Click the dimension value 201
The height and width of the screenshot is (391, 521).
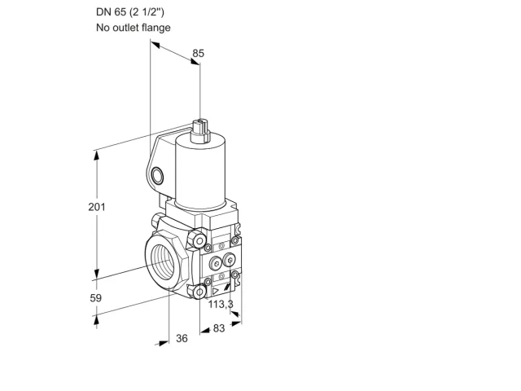(97, 207)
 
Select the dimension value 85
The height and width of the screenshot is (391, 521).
(199, 53)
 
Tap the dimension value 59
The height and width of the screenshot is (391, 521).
(96, 298)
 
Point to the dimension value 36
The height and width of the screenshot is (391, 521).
(182, 339)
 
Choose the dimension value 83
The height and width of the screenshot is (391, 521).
(219, 328)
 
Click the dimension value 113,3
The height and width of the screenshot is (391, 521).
(221, 304)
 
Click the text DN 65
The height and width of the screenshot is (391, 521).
(111, 12)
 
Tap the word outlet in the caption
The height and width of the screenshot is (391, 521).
(125, 28)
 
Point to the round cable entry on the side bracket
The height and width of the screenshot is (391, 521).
(157, 176)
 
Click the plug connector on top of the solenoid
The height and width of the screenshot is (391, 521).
(200, 131)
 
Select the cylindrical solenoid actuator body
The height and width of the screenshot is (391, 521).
(201, 172)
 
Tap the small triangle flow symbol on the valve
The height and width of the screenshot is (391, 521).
(216, 292)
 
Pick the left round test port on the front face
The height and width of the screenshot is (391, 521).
(216, 264)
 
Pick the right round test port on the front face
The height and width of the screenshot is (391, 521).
(229, 259)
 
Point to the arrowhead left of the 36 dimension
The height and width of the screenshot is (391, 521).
(163, 343)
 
